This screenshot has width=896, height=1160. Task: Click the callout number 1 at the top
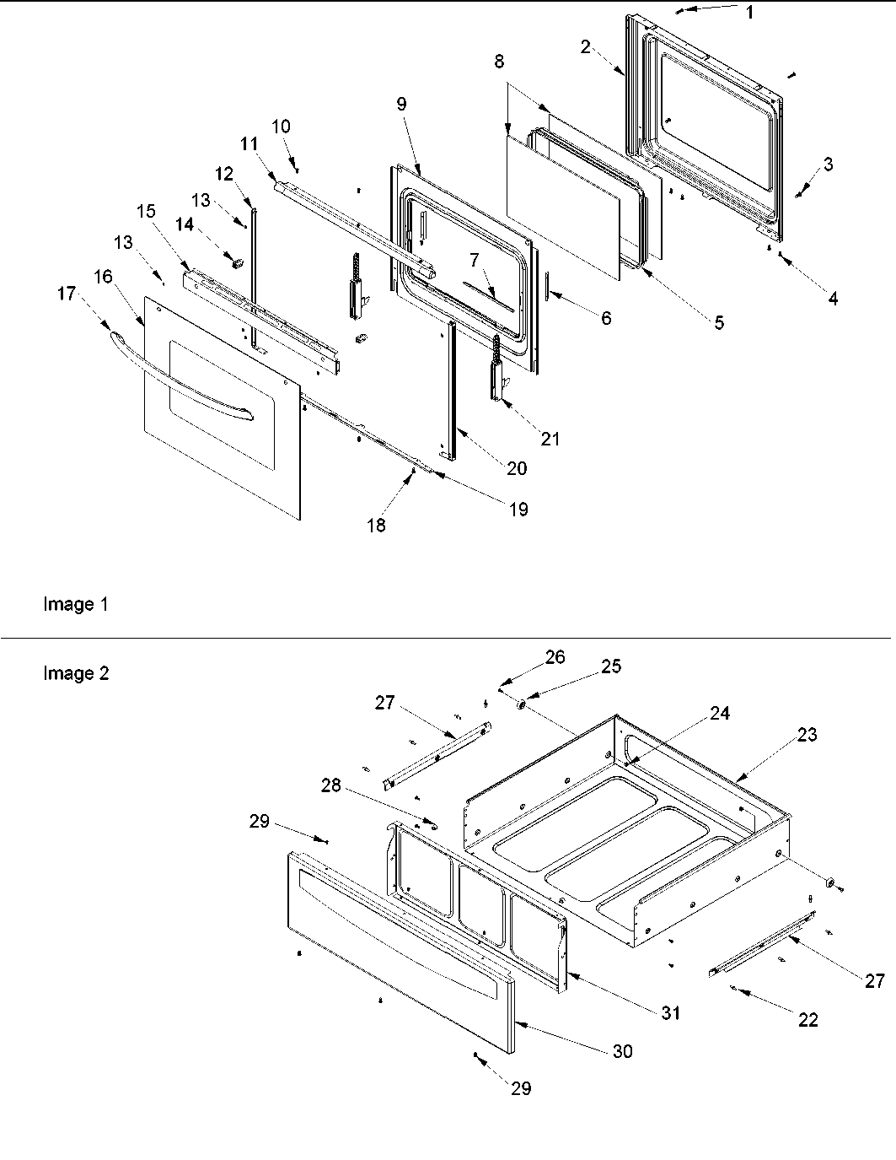click(750, 13)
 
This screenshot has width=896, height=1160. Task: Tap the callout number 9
click(401, 104)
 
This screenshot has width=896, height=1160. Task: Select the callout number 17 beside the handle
click(67, 294)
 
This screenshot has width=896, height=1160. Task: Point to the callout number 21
click(550, 439)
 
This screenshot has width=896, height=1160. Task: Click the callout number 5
click(718, 322)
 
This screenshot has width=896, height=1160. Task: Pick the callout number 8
click(500, 62)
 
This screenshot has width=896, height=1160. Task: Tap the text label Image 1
click(75, 605)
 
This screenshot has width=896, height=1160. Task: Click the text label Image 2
click(76, 674)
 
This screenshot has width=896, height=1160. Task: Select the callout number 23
click(807, 735)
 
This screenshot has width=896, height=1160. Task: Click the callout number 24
click(719, 714)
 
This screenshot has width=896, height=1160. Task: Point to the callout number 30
click(623, 1051)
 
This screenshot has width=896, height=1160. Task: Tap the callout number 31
click(670, 1012)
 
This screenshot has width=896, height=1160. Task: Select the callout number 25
click(611, 666)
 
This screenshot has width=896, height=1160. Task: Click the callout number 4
click(832, 299)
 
